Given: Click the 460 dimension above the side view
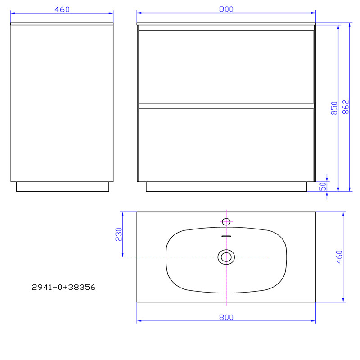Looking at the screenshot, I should pos(62,9).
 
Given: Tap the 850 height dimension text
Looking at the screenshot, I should pos(334,108).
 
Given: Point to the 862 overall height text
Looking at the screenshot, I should pos(346,107).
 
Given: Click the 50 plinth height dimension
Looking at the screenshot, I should pos(323,186).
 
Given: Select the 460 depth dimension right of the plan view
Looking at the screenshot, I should pos(339,256).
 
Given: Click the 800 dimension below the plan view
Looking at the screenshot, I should pos(226,317).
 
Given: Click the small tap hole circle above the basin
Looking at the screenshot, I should pos(226,221).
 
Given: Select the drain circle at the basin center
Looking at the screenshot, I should pos(226,257).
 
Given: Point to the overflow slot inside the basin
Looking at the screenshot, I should pos(226,235).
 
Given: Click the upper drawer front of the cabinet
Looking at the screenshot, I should pos(226,67).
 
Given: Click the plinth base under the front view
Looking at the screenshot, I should pos(226,187).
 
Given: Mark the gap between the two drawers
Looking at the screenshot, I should pos(226,106).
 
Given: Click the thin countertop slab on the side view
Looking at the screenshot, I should pos(62,23).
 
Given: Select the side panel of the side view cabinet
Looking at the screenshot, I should pos(62,103).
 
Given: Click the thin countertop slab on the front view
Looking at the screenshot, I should pos(226,23).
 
